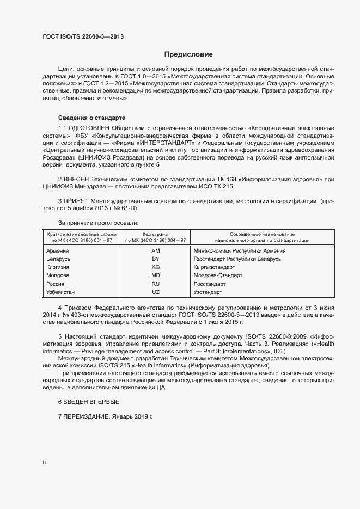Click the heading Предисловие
point(188,54)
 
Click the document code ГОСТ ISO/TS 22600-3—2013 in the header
point(83,38)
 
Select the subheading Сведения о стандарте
point(91,118)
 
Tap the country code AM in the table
point(155,251)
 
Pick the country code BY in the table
point(155,259)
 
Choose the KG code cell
point(155,268)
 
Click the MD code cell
point(155,276)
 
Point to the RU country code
point(155,284)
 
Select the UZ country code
point(155,292)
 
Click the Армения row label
point(58,251)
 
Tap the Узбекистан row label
point(61,292)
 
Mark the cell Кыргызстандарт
point(214,268)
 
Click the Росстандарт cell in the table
point(210,284)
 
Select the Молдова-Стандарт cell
point(217,276)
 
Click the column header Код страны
point(155,234)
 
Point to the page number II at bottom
point(44,462)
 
